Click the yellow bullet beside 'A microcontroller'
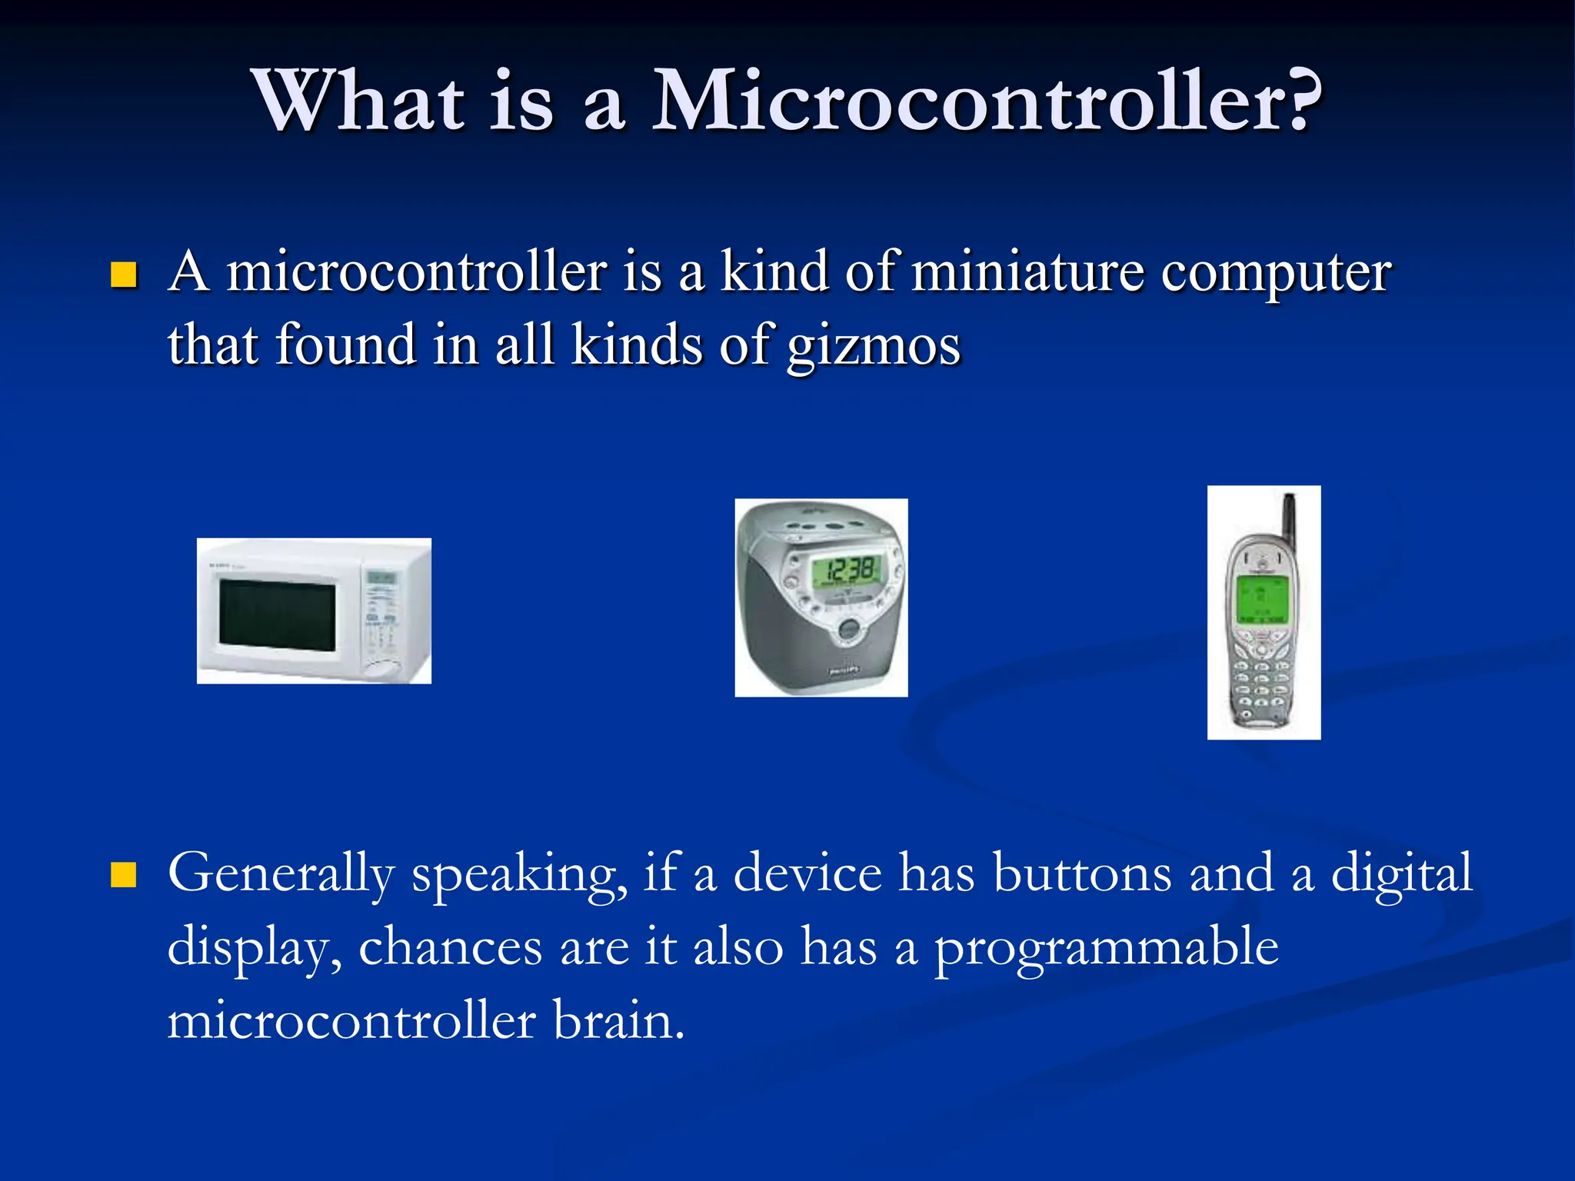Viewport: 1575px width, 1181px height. (x=123, y=274)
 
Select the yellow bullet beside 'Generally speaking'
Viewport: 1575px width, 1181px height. (x=123, y=875)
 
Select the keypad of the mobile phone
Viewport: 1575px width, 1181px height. (x=1260, y=680)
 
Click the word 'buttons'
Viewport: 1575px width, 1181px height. (x=1082, y=874)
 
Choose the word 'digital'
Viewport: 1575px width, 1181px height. (x=1400, y=874)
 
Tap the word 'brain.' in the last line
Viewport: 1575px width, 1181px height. (x=618, y=1022)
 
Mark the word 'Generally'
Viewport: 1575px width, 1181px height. (x=281, y=874)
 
